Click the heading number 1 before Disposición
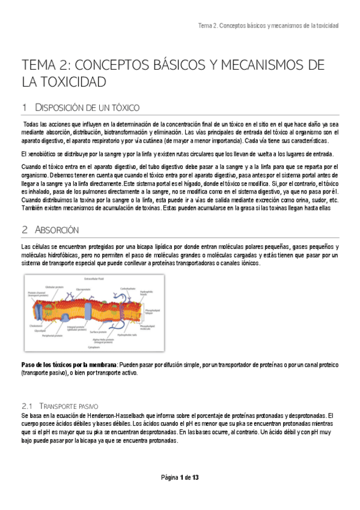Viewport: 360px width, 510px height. coord(24,108)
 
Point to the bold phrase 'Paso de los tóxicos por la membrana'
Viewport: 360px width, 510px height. coord(69,365)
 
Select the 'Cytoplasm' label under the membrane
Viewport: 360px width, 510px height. coord(93,348)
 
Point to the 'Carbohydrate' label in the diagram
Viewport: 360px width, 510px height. coord(128,289)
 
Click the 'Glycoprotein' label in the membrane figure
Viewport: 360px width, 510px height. coord(84,289)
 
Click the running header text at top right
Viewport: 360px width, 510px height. coord(268,26)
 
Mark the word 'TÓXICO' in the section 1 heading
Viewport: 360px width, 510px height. coord(124,108)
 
